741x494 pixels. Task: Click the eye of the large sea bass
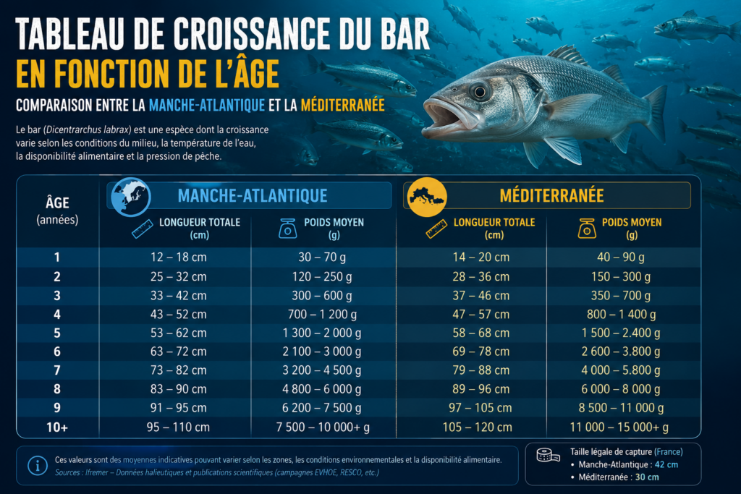point(479,92)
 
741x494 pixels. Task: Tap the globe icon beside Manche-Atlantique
point(131,197)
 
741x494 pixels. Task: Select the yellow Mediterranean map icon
point(427,197)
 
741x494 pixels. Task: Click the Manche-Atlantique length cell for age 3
point(179,296)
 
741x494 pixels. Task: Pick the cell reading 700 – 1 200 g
point(322,315)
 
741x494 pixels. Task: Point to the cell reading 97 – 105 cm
point(480,408)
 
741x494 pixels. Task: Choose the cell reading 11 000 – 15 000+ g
point(619,427)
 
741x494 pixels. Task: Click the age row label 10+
point(57,427)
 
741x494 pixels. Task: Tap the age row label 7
point(57,370)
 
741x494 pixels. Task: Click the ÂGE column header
point(58,203)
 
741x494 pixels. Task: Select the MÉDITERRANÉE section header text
point(551,195)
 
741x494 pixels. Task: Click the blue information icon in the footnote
point(38,466)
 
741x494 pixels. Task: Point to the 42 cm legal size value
point(666,465)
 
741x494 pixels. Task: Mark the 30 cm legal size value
point(646,477)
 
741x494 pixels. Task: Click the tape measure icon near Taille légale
point(549,455)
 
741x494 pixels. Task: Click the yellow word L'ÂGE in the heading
point(240,73)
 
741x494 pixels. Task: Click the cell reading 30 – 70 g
point(322,257)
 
